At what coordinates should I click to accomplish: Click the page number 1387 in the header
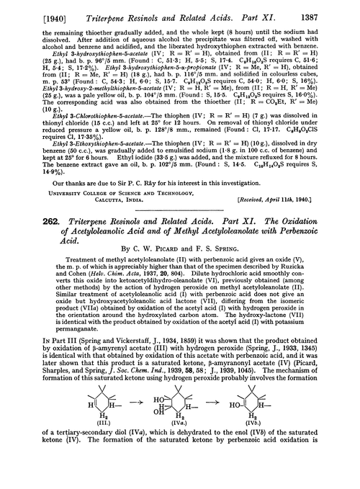pos(336,8)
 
